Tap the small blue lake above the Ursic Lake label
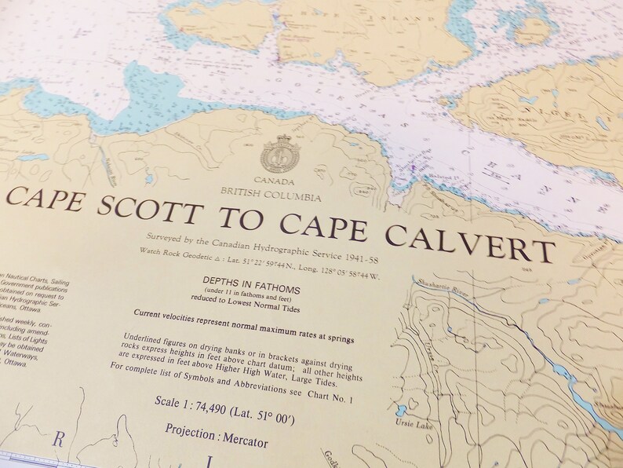click(403, 411)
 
